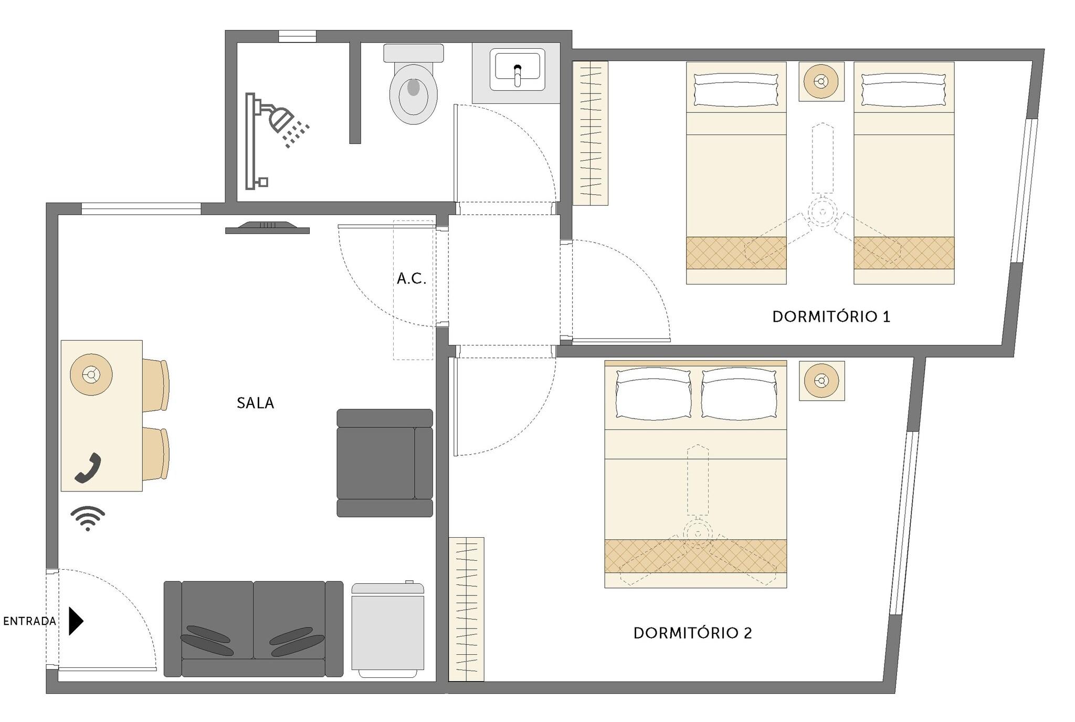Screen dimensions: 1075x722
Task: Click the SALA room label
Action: click(255, 403)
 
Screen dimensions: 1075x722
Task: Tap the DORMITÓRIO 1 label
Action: click(831, 317)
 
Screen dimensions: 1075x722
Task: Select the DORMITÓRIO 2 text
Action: click(693, 633)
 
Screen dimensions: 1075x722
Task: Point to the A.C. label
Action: click(412, 279)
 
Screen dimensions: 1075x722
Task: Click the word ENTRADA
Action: click(29, 621)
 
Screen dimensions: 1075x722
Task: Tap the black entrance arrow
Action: click(76, 621)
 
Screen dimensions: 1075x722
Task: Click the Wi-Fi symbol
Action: click(88, 518)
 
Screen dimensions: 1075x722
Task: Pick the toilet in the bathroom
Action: click(414, 84)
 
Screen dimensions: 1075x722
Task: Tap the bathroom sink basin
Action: click(517, 69)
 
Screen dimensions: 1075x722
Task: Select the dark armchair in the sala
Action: click(385, 463)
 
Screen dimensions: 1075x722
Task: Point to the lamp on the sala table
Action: click(91, 374)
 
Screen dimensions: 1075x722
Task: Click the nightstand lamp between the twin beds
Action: click(821, 81)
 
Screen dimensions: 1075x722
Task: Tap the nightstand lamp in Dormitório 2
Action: click(822, 381)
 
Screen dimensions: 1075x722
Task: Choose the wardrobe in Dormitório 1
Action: click(591, 133)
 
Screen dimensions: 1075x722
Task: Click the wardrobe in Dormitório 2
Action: click(466, 609)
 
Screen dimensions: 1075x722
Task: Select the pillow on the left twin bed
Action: click(736, 90)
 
